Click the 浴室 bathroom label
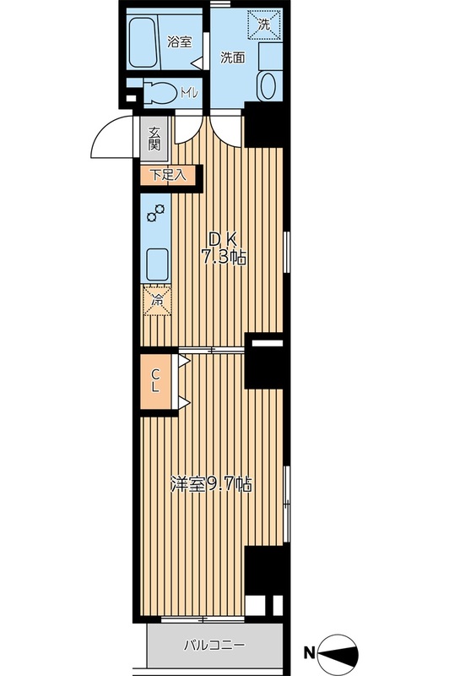tap(180, 42)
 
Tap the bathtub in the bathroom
tap(143, 42)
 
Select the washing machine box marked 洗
tap(264, 25)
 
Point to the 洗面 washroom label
tap(233, 57)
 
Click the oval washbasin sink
tap(268, 85)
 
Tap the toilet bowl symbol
tap(160, 92)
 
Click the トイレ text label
tap(188, 93)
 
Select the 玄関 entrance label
tap(154, 139)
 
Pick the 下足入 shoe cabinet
tap(168, 175)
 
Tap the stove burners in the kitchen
tap(155, 213)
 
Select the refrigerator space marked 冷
tap(157, 300)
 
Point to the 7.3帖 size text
tap(224, 258)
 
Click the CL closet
tap(156, 381)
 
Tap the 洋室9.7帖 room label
tap(211, 485)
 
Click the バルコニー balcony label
tap(215, 646)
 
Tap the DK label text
tap(223, 239)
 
